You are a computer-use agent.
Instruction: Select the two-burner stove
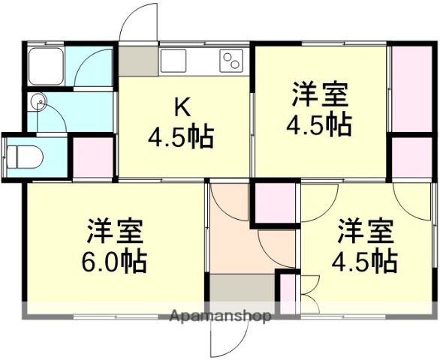coord(233,60)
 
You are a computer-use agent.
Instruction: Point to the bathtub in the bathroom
coord(47,66)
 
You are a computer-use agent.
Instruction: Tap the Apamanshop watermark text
coord(221,316)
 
